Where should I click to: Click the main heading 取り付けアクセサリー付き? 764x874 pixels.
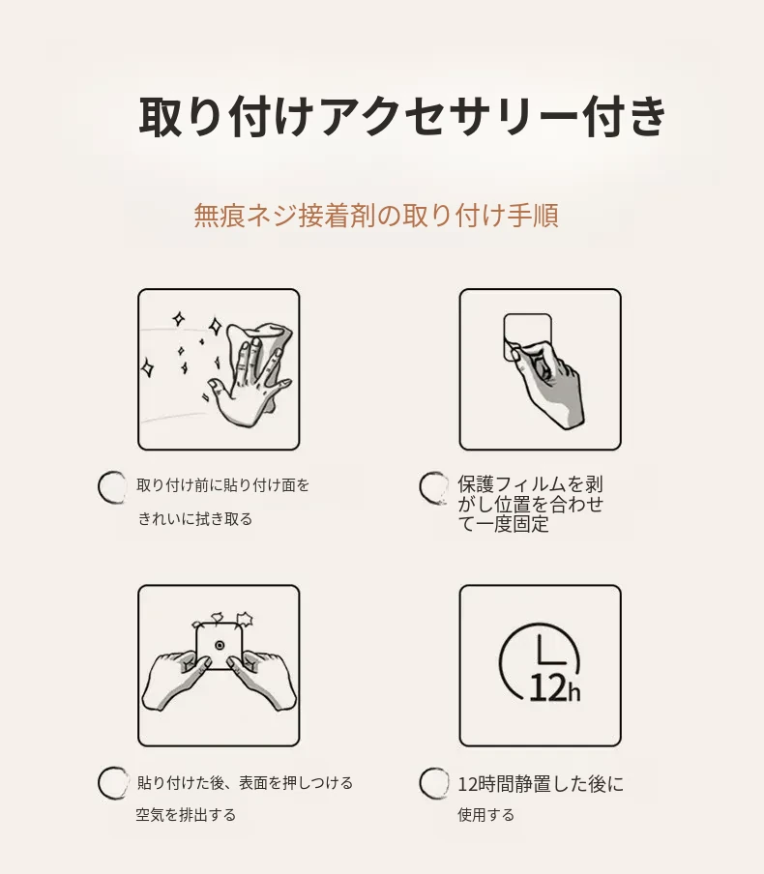[402, 116]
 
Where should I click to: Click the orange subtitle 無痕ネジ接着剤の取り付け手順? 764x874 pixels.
[376, 216]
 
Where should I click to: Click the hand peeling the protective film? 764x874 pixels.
[547, 380]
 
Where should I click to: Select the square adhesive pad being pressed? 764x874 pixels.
[219, 646]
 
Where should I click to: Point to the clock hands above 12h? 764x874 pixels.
[551, 650]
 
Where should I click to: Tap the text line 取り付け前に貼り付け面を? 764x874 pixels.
[223, 485]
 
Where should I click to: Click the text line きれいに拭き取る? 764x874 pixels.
[195, 519]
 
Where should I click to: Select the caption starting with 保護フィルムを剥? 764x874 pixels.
[530, 504]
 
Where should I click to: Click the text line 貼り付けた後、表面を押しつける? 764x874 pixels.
[245, 782]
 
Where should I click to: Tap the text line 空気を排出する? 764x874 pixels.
[186, 815]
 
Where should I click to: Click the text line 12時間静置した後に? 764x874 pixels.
[541, 784]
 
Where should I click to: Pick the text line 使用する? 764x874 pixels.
[485, 815]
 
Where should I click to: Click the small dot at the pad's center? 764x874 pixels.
[220, 646]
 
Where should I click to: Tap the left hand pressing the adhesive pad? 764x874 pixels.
[176, 677]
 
